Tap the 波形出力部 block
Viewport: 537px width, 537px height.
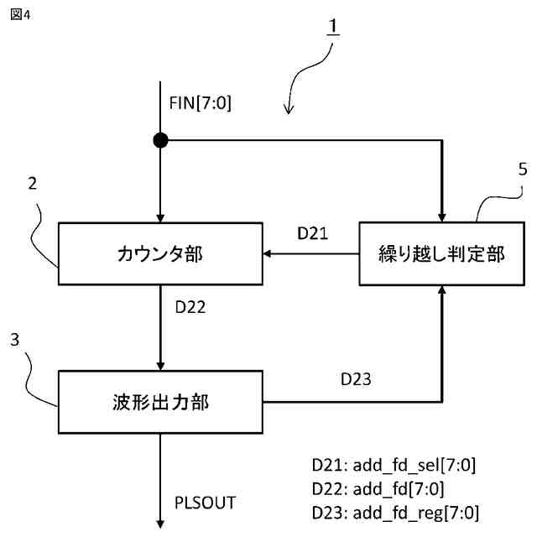[x=159, y=403]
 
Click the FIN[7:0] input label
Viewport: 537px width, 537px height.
[x=200, y=104]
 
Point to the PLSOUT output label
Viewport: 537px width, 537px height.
[x=205, y=503]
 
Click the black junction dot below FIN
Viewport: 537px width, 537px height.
[x=159, y=140]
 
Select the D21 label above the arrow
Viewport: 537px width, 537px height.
[x=313, y=234]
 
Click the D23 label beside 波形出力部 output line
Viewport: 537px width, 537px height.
[x=356, y=380]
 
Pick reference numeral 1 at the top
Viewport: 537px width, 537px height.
[x=332, y=26]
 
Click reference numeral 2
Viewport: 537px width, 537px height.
[x=31, y=184]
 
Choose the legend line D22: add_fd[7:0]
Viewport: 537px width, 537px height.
[x=377, y=488]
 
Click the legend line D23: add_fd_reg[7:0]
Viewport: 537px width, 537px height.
[x=394, y=512]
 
